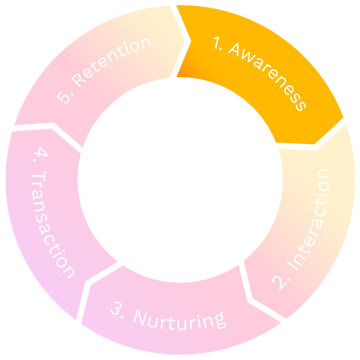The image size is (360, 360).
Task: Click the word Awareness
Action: (267, 76)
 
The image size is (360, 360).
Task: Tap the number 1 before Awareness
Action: (217, 44)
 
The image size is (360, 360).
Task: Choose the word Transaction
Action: (52, 224)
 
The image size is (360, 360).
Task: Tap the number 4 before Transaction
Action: (41, 151)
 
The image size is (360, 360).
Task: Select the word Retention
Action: (111, 62)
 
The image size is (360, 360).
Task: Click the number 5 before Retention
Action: (63, 97)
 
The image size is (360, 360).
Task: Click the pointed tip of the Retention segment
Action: (185, 41)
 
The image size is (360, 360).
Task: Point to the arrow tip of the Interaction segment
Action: (252, 299)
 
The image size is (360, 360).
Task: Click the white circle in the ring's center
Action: (180, 180)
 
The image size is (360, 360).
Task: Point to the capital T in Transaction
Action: (39, 177)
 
